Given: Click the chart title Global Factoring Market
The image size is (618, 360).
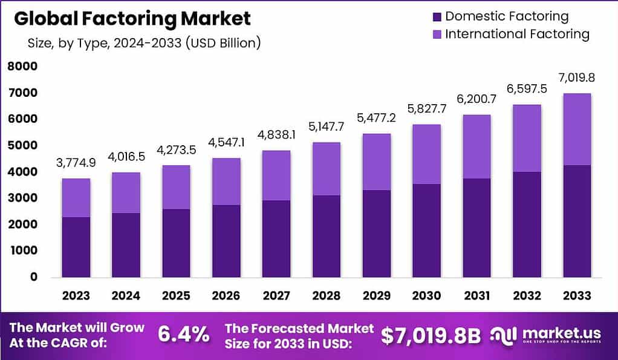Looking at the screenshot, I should (x=132, y=19).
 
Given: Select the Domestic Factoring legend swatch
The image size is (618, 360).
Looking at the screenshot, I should (x=436, y=16).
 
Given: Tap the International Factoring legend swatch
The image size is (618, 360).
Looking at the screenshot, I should (x=436, y=34).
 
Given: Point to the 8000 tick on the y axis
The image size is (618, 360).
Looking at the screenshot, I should (x=22, y=67).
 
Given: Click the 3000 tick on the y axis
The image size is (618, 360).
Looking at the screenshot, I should (x=22, y=198).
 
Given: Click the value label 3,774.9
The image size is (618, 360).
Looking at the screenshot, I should (x=76, y=163).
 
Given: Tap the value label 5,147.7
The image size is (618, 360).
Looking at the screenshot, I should (x=327, y=127).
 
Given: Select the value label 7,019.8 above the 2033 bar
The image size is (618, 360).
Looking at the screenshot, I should (x=576, y=77).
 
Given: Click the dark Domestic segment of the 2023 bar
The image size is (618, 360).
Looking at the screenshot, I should (x=76, y=247).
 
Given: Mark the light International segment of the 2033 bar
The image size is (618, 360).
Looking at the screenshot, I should (x=576, y=129).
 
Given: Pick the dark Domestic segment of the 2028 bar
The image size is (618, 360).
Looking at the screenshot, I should (x=327, y=236).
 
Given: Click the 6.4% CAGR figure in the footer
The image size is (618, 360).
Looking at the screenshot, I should (x=184, y=334).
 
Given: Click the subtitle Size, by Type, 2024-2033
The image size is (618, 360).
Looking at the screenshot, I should (x=144, y=44).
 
